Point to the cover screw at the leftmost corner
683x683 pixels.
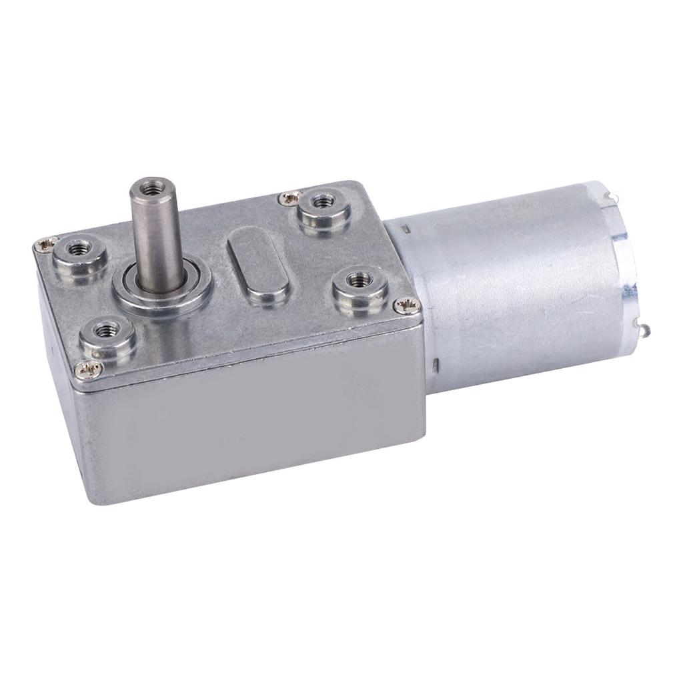point(44,244)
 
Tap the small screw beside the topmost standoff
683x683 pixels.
point(289,196)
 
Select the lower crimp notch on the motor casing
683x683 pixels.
point(435,364)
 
